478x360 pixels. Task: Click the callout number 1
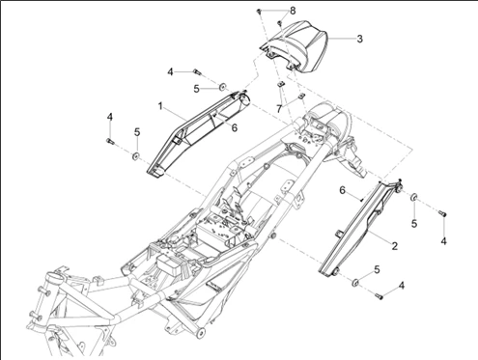pyautogui.click(x=160, y=103)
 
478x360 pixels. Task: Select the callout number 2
pyautogui.click(x=394, y=246)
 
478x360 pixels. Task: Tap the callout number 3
pyautogui.click(x=359, y=40)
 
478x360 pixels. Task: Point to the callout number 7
pyautogui.click(x=278, y=109)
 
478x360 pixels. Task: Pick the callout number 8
pyautogui.click(x=293, y=10)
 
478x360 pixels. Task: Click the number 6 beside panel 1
pyautogui.click(x=234, y=125)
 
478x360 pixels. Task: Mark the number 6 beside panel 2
pyautogui.click(x=341, y=191)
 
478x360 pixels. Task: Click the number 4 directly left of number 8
pyautogui.click(x=170, y=71)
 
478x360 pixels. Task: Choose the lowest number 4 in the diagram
pyautogui.click(x=403, y=285)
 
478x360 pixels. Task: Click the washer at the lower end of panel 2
pyautogui.click(x=354, y=282)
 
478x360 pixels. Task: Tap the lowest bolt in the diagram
pyautogui.click(x=379, y=295)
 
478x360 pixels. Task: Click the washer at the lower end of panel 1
pyautogui.click(x=136, y=153)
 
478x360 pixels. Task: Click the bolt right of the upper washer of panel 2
pyautogui.click(x=443, y=211)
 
